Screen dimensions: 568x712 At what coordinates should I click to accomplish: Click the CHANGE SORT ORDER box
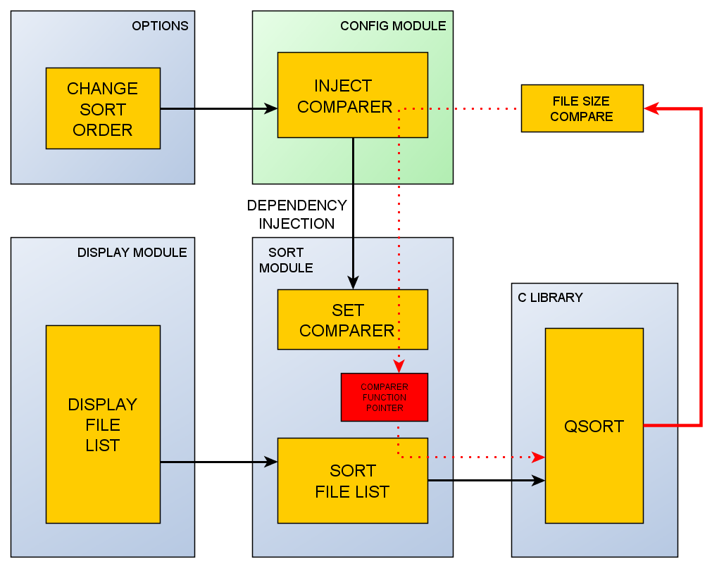(x=103, y=108)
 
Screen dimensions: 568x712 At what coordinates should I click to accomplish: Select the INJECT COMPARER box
(x=352, y=95)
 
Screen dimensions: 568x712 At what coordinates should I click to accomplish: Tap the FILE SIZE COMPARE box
(x=582, y=108)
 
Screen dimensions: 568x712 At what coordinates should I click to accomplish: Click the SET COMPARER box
(x=352, y=320)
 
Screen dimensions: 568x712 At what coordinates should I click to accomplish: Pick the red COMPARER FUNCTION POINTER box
(x=384, y=397)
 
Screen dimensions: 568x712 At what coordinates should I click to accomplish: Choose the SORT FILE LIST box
(x=352, y=481)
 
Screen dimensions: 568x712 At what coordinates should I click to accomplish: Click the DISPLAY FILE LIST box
(x=103, y=424)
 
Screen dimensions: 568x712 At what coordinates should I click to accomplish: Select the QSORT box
(x=594, y=426)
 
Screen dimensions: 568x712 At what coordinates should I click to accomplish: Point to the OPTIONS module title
(x=160, y=26)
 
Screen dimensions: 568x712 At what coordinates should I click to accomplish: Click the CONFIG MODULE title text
(x=393, y=26)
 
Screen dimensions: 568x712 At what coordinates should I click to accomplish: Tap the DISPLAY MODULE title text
(x=132, y=252)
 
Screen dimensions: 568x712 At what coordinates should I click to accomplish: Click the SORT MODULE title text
(x=286, y=260)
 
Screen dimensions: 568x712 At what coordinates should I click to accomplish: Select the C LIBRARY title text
(x=550, y=297)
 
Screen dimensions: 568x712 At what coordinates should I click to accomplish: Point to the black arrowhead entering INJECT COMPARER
(x=270, y=108)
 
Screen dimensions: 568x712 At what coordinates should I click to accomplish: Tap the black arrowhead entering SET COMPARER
(x=353, y=282)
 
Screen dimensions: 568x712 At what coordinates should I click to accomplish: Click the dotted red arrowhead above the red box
(x=399, y=366)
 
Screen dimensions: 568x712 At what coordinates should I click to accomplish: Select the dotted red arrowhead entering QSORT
(x=538, y=457)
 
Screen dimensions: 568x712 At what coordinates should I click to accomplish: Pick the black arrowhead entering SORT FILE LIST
(x=270, y=462)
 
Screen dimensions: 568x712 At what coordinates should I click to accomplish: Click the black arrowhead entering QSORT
(x=538, y=481)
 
